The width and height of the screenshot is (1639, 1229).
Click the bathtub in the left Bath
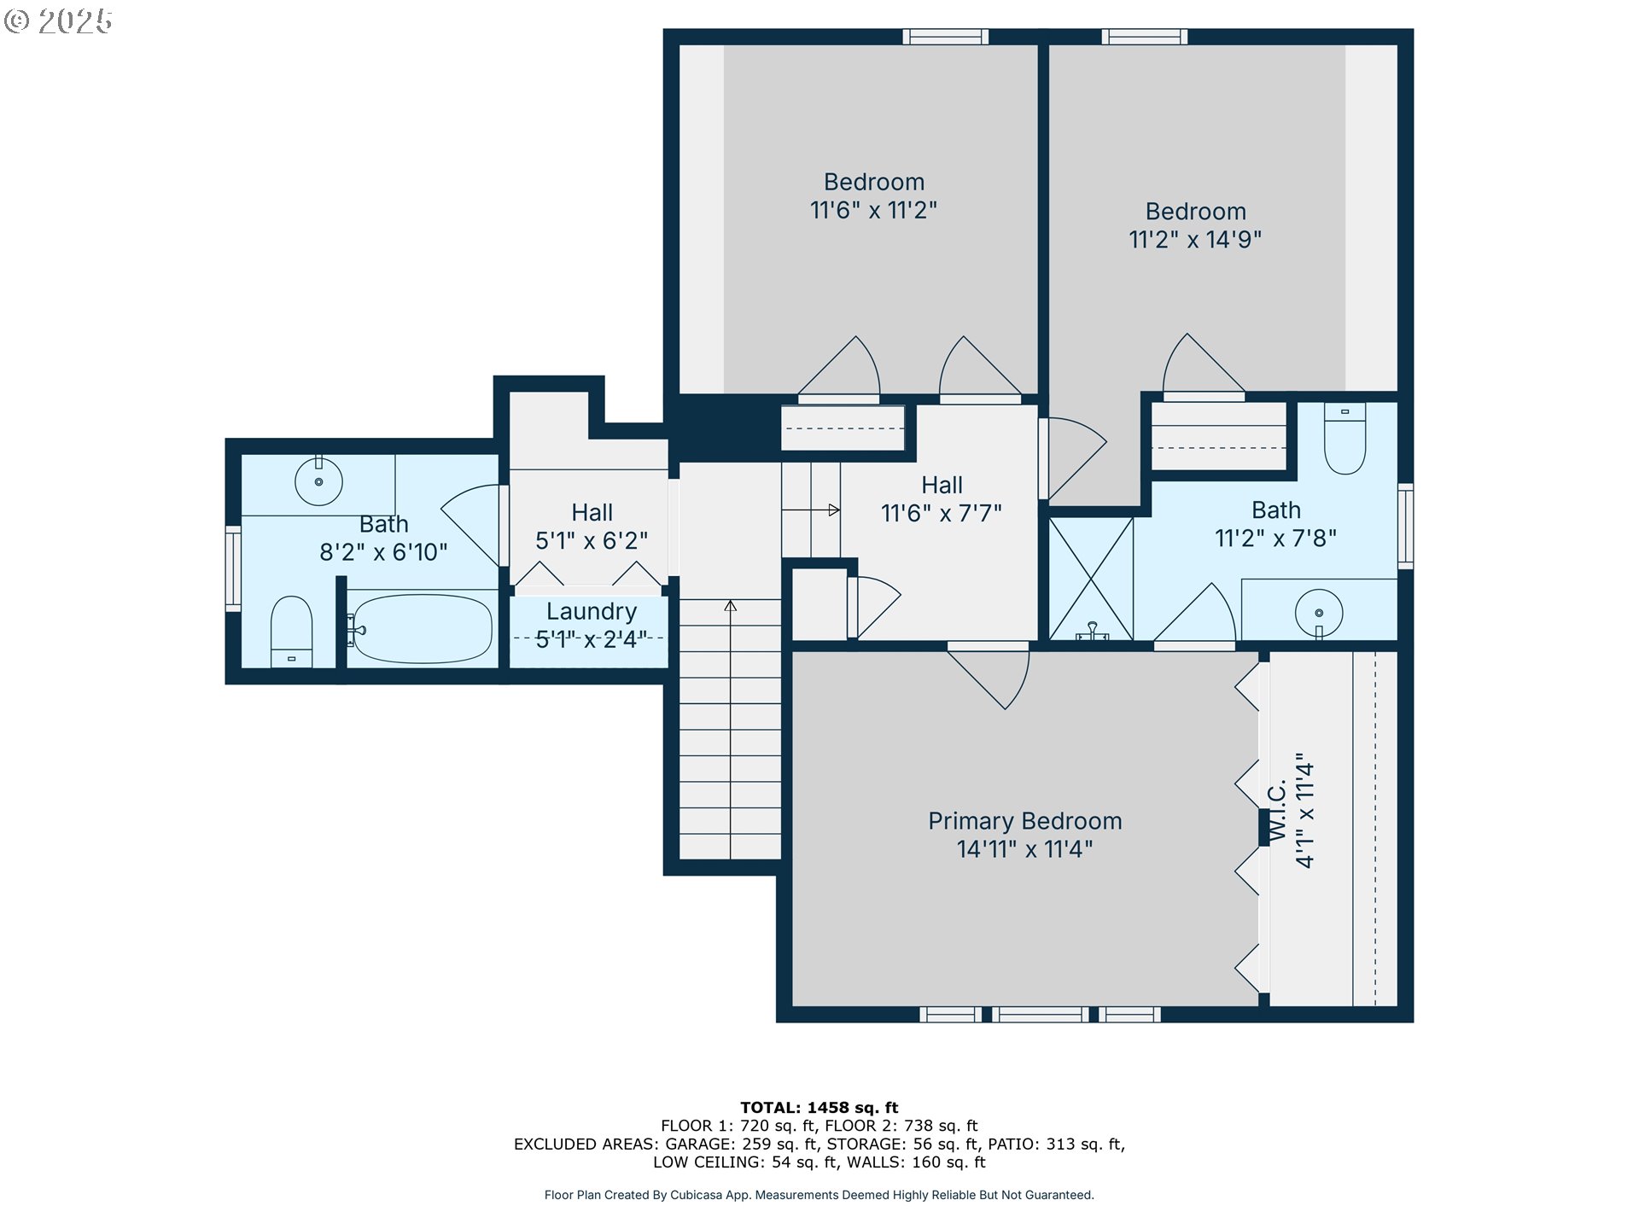pyautogui.click(x=422, y=629)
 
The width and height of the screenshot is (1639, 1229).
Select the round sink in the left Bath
pyautogui.click(x=318, y=481)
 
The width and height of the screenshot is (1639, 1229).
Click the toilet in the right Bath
pyautogui.click(x=1344, y=439)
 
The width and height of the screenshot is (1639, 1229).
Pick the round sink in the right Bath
pyautogui.click(x=1319, y=613)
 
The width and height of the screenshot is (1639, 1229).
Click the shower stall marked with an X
pyautogui.click(x=1090, y=578)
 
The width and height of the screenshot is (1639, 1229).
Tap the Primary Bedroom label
pyautogui.click(x=1024, y=821)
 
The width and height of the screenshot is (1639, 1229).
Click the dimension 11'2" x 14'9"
pyautogui.click(x=1194, y=240)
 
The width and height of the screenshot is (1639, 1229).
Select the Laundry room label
pyautogui.click(x=591, y=612)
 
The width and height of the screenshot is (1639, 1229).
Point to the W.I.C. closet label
pyautogui.click(x=1277, y=811)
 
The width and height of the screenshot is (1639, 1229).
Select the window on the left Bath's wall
pyautogui.click(x=233, y=568)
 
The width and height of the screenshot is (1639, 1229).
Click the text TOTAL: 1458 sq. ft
pyautogui.click(x=819, y=1108)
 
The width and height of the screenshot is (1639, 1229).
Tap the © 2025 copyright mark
pyautogui.click(x=58, y=21)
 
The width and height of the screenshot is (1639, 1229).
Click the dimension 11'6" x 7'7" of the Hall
pyautogui.click(x=941, y=514)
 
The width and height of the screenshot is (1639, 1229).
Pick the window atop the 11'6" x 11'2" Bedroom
pyautogui.click(x=945, y=37)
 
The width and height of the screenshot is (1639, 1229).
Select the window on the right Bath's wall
pyautogui.click(x=1404, y=526)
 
